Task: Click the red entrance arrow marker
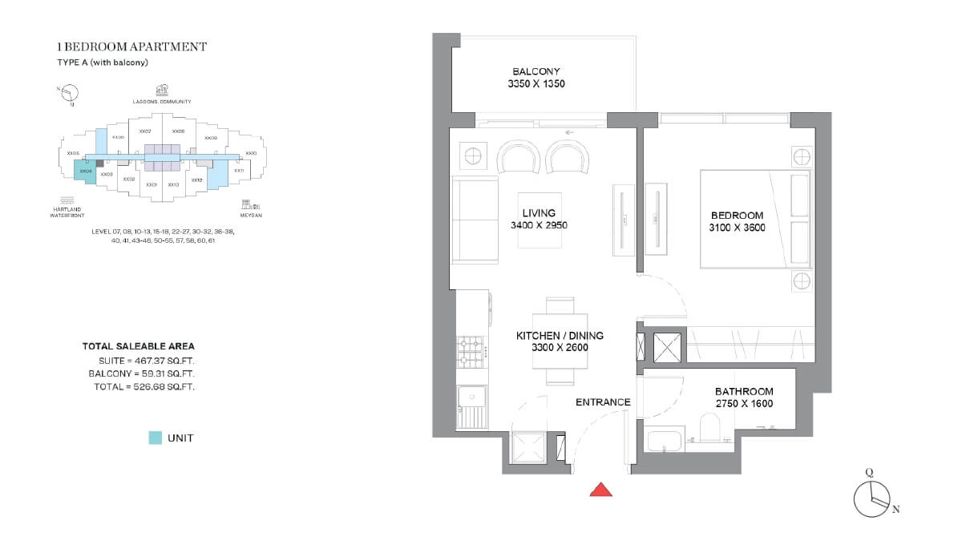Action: (601, 490)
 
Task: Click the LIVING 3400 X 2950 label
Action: (540, 219)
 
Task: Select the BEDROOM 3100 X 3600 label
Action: (738, 221)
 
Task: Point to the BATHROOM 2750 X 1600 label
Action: (744, 398)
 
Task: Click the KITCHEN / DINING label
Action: (560, 341)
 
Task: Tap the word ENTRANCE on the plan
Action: (603, 402)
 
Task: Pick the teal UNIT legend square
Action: (156, 438)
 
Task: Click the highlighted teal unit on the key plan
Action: (85, 169)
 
